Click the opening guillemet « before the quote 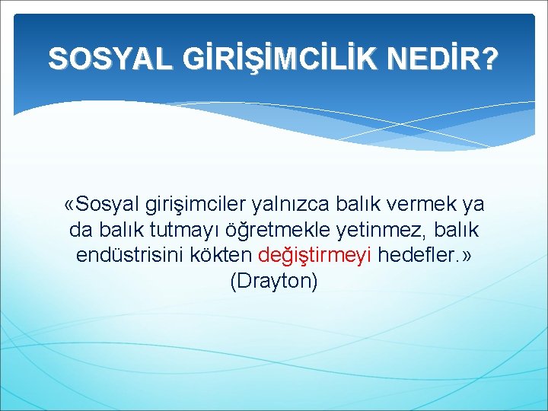[x=71, y=205]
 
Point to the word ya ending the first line [x=474, y=205]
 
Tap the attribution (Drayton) [x=273, y=280]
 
